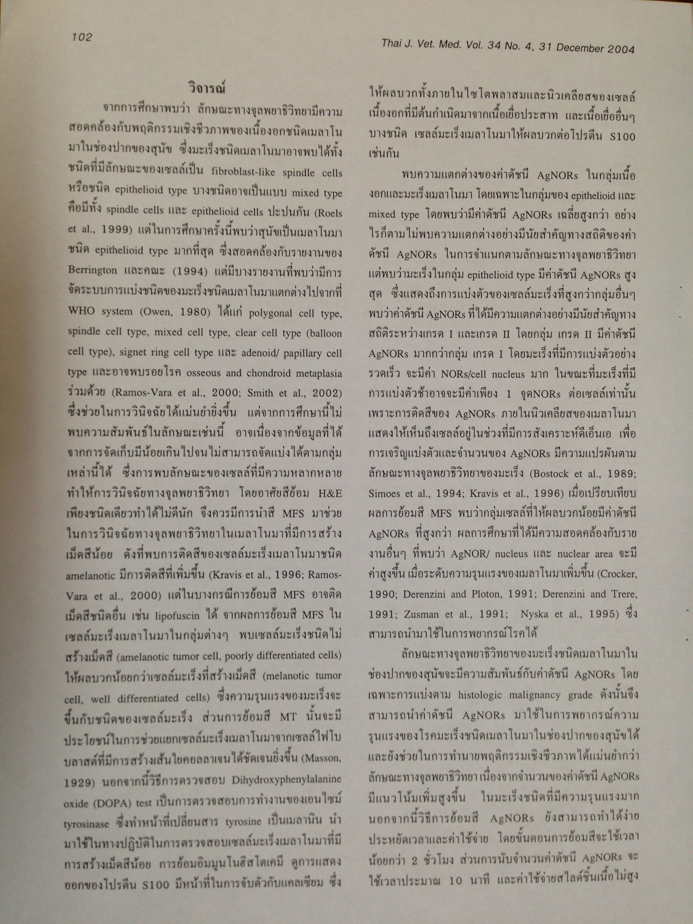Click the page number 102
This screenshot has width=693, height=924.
click(82, 37)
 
